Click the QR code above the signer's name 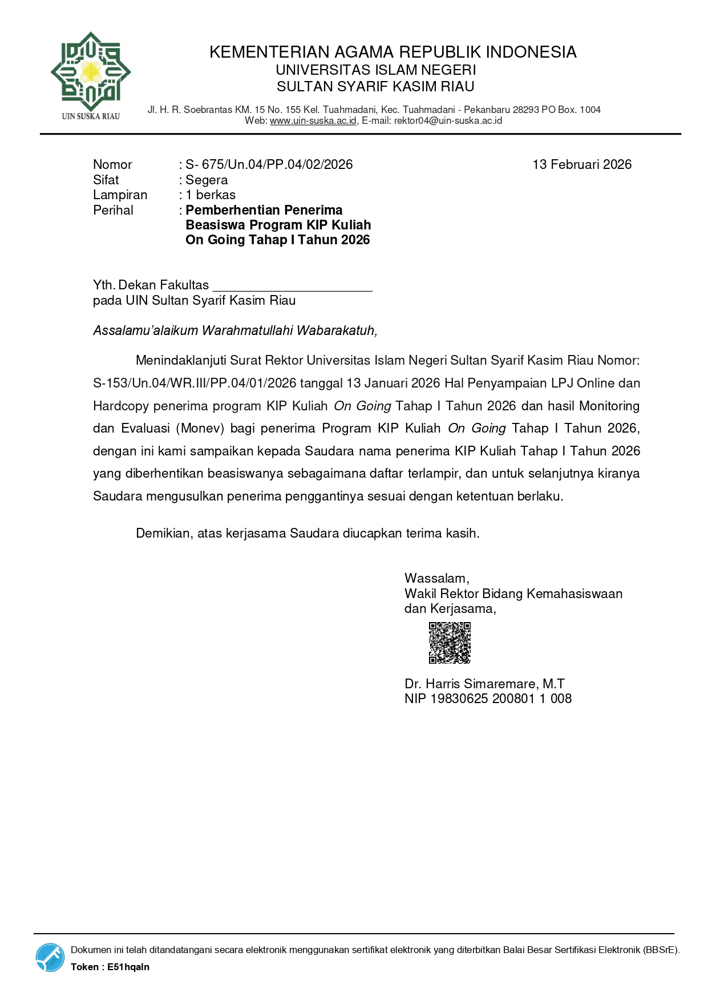pyautogui.click(x=450, y=643)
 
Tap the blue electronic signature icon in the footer pyautogui.click(x=50, y=957)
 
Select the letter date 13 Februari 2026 pyautogui.click(x=581, y=164)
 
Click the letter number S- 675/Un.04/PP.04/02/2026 pyautogui.click(x=269, y=164)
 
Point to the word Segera pyautogui.click(x=207, y=180)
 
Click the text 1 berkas pyautogui.click(x=211, y=195)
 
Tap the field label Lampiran pyautogui.click(x=120, y=195)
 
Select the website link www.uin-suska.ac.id pyautogui.click(x=313, y=120)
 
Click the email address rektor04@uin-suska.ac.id pyautogui.click(x=448, y=120)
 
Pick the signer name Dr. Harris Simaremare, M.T pyautogui.click(x=484, y=684)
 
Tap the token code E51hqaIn pyautogui.click(x=128, y=967)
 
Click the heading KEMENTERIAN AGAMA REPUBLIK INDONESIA pyautogui.click(x=393, y=52)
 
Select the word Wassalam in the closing pyautogui.click(x=436, y=578)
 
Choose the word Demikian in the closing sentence pyautogui.click(x=163, y=533)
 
